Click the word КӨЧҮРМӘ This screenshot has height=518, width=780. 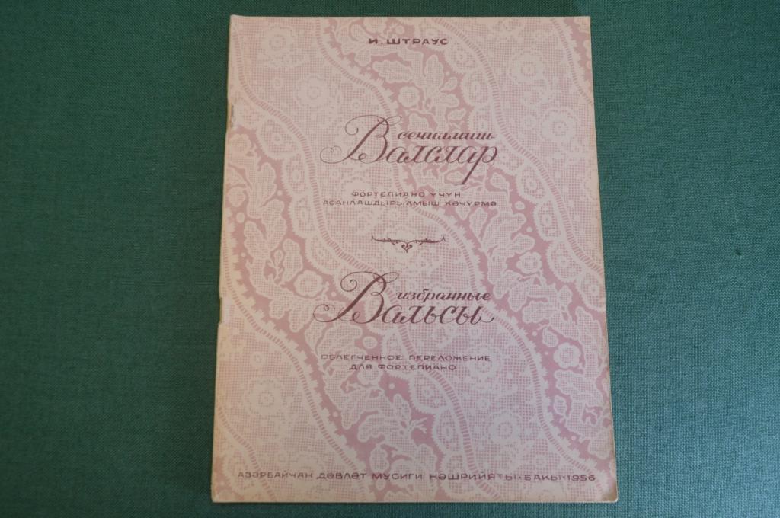pos(474,203)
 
